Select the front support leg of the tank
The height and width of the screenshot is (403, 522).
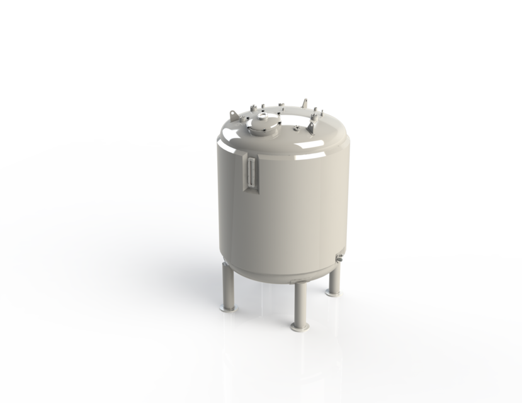coord(298,302)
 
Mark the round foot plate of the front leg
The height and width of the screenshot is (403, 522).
coord(299,327)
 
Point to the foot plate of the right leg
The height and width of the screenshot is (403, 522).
coord(334,292)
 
